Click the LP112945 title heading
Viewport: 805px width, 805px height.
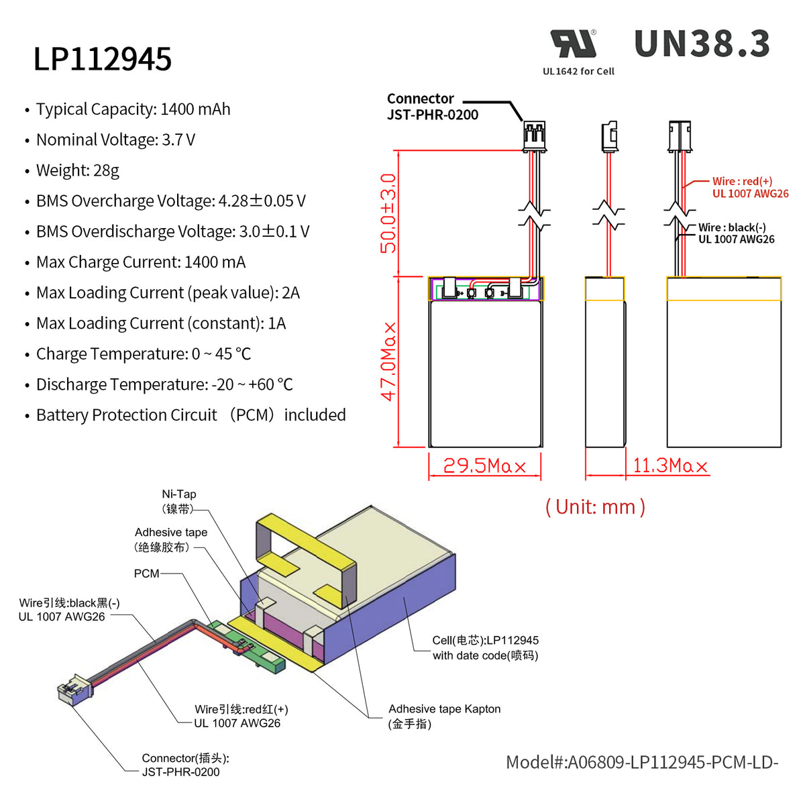point(103,59)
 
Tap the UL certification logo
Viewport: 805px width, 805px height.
point(574,44)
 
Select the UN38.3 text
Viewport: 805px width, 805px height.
point(702,44)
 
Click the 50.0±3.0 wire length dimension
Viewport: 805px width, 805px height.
point(388,213)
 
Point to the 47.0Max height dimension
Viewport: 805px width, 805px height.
point(388,362)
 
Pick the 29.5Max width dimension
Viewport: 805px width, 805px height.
point(484,466)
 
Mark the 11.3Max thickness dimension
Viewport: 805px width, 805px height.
point(670,466)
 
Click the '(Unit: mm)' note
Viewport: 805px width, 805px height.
point(595,506)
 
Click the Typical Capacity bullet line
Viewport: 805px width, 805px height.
point(133,109)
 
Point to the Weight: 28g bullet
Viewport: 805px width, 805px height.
point(77,170)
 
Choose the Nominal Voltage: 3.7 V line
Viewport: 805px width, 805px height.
point(115,140)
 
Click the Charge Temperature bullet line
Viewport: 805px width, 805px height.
point(143,354)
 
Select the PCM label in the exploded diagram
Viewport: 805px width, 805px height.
point(146,574)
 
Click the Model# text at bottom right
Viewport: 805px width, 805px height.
point(641,762)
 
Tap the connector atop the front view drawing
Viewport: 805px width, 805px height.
point(534,136)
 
